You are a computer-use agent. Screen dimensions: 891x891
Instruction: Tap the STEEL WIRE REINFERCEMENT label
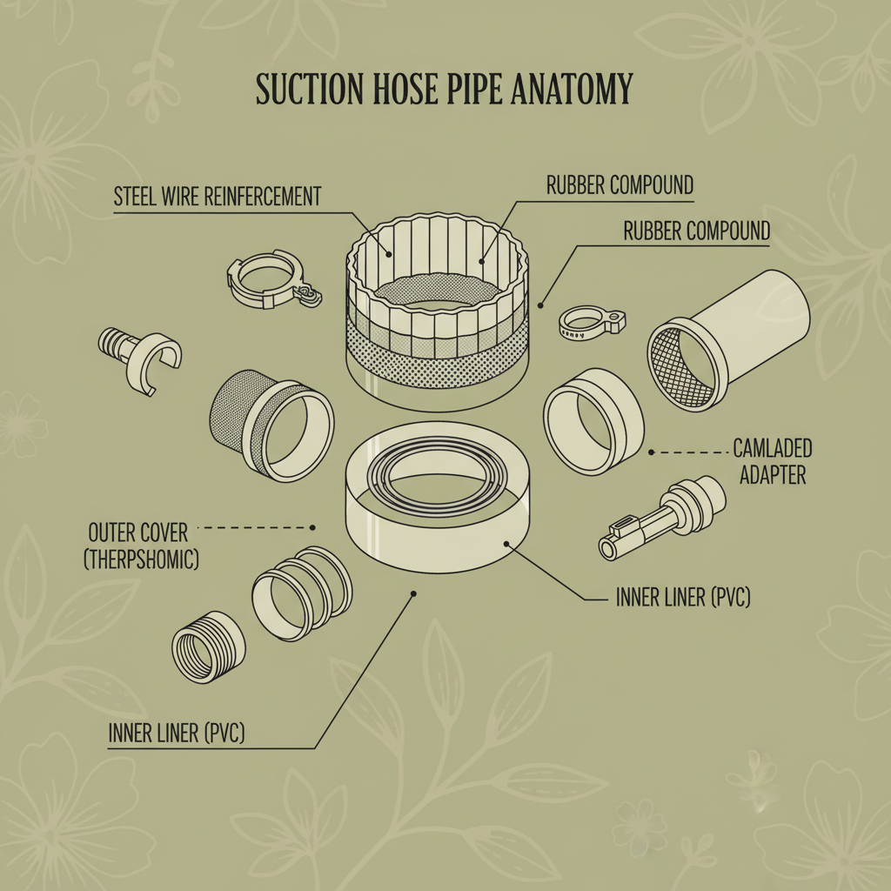pyautogui.click(x=218, y=197)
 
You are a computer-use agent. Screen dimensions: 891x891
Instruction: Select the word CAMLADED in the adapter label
pyautogui.click(x=773, y=449)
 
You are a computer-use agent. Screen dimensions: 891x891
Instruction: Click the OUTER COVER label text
pyautogui.click(x=138, y=531)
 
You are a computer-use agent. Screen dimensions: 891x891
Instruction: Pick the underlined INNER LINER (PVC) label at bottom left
pyautogui.click(x=177, y=734)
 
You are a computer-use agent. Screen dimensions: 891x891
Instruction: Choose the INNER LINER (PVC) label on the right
pyautogui.click(x=683, y=598)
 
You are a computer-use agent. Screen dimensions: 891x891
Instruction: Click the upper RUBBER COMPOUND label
pyautogui.click(x=620, y=185)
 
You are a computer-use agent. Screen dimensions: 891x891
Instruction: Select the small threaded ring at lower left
pyautogui.click(x=209, y=645)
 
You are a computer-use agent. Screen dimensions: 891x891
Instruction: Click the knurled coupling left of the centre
pyautogui.click(x=271, y=421)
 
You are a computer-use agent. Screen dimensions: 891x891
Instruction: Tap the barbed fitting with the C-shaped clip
pyautogui.click(x=138, y=358)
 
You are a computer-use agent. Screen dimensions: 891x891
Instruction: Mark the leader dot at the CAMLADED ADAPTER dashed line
pyautogui.click(x=651, y=452)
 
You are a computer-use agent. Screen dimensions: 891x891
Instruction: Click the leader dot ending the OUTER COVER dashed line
pyautogui.click(x=312, y=527)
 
